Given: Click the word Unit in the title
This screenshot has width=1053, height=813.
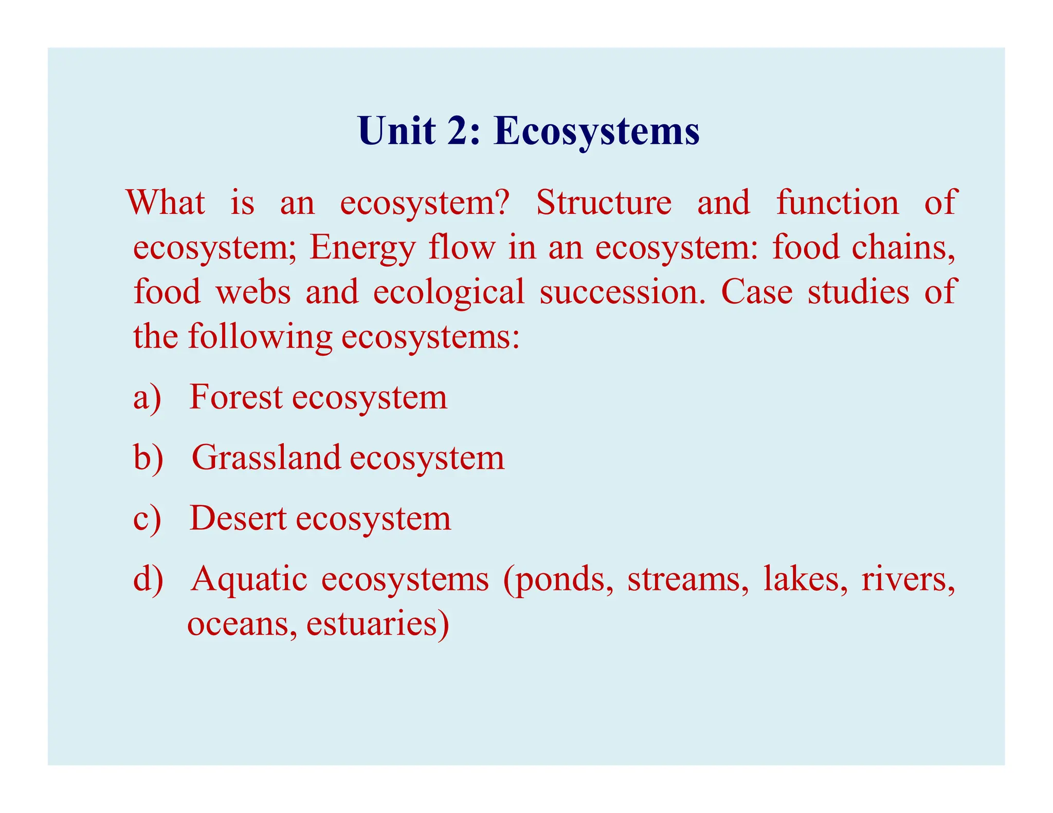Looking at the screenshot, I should click(396, 131).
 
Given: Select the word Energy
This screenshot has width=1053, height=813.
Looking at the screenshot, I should click(362, 248).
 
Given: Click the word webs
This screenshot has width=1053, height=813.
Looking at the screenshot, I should click(253, 291).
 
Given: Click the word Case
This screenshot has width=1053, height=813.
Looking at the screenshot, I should click(756, 292).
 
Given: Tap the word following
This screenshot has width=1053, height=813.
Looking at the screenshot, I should click(260, 337).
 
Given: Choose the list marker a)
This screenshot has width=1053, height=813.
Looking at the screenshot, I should click(147, 397).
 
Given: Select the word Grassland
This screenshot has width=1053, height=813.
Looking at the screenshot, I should click(266, 457).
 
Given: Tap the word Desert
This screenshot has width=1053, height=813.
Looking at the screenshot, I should click(238, 518).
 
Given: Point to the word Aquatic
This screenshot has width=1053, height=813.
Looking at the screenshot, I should click(249, 579).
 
